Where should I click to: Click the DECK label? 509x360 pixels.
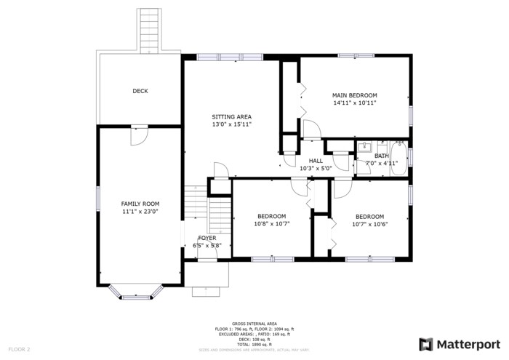click(140, 91)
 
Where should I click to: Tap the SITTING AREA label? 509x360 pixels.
click(231, 116)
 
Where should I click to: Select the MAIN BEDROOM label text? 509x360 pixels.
click(354, 95)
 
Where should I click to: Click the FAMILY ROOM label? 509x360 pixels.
click(140, 204)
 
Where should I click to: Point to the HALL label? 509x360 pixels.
click(316, 161)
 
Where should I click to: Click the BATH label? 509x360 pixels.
click(382, 156)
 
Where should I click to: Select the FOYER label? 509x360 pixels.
click(207, 238)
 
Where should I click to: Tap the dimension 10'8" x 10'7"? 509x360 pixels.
click(272, 224)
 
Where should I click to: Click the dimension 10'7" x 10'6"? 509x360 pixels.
click(369, 224)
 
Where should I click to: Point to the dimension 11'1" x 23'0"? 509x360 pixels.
click(140, 212)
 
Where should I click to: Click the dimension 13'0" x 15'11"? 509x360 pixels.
click(231, 124)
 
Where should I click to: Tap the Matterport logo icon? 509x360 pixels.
click(426, 344)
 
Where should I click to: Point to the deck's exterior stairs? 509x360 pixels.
click(149, 31)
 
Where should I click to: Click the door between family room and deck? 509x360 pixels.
click(139, 135)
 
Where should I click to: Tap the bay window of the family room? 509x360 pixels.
click(138, 295)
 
